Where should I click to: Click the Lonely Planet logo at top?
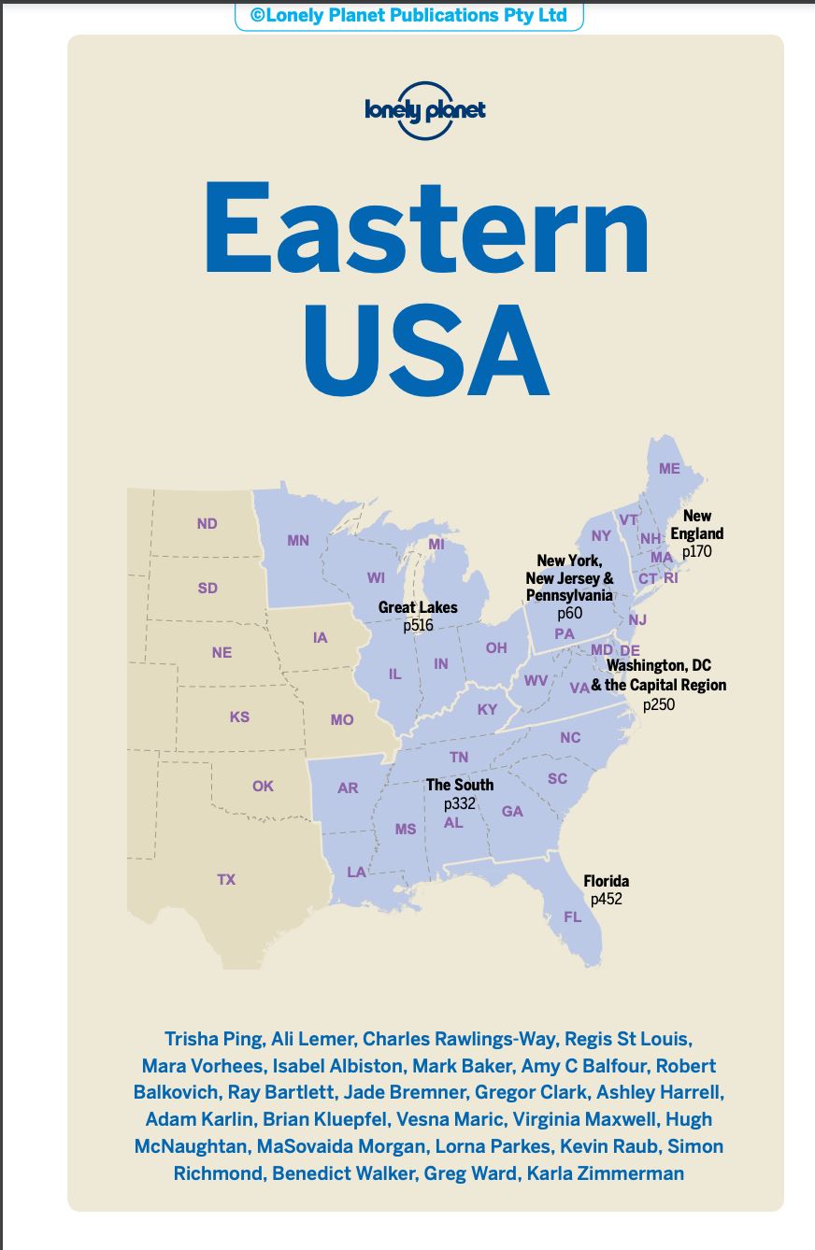point(425,110)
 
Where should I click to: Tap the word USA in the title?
point(425,348)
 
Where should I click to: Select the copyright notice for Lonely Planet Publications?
point(408,16)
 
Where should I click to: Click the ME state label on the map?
point(669,468)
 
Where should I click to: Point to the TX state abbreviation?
point(226,879)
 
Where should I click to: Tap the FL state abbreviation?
point(572,916)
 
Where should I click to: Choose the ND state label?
point(207,523)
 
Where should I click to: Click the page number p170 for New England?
point(697,551)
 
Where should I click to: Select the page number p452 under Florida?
point(606,899)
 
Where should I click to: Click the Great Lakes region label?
point(418,607)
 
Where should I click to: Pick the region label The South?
point(460,785)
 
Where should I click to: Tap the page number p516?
point(418,625)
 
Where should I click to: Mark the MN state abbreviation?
point(298,540)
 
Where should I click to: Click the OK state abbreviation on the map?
point(263,786)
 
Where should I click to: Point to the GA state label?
point(512,811)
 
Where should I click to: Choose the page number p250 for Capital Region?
point(658,703)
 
